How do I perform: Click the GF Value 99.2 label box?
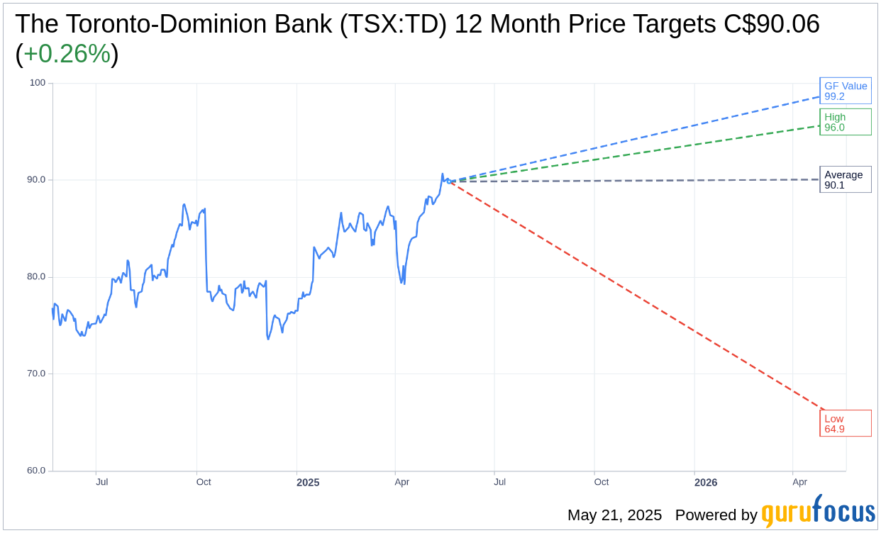845,91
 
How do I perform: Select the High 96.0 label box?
845,122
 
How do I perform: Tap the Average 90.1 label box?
845,179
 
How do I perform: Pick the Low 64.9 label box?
845,423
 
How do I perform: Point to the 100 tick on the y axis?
37,83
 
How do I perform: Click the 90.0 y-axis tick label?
36,180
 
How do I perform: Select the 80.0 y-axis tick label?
36,277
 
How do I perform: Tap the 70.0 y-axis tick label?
36,374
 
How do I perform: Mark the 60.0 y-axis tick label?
36,471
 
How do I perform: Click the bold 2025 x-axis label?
308,483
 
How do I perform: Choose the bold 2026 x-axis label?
706,483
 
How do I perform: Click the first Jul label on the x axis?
102,482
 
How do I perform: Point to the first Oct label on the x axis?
204,482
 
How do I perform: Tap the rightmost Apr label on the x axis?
799,482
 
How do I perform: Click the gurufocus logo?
818,512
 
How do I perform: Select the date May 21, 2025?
614,515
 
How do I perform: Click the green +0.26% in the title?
67,54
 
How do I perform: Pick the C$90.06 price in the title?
772,24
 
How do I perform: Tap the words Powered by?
716,515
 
